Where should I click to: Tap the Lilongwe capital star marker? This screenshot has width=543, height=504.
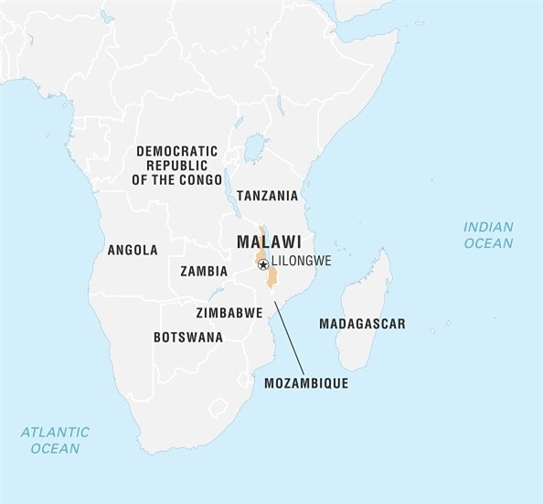click(263, 264)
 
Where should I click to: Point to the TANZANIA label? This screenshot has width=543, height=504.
click(267, 196)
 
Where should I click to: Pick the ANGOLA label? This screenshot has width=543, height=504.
click(133, 250)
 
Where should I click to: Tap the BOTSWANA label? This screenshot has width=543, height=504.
click(188, 337)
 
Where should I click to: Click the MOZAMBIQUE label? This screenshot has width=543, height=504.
click(305, 384)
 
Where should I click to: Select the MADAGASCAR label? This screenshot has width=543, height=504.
click(362, 324)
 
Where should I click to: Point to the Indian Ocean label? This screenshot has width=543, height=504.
click(488, 234)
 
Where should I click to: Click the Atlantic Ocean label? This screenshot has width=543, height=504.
click(55, 440)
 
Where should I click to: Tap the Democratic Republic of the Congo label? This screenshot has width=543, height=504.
click(177, 165)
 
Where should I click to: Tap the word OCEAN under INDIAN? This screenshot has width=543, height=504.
click(488, 243)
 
